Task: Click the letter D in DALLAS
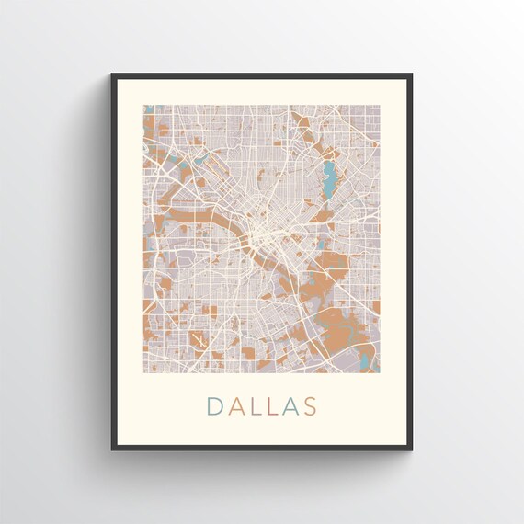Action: pyautogui.click(x=214, y=405)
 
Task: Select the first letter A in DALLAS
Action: pyautogui.click(x=234, y=405)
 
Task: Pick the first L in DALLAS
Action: pyautogui.click(x=253, y=405)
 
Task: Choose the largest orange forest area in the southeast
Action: pyautogui.click(x=340, y=326)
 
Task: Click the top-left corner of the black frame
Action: pyautogui.click(x=113, y=75)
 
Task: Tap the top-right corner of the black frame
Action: pyautogui.click(x=410, y=75)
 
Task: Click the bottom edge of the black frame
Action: pyautogui.click(x=262, y=448)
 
